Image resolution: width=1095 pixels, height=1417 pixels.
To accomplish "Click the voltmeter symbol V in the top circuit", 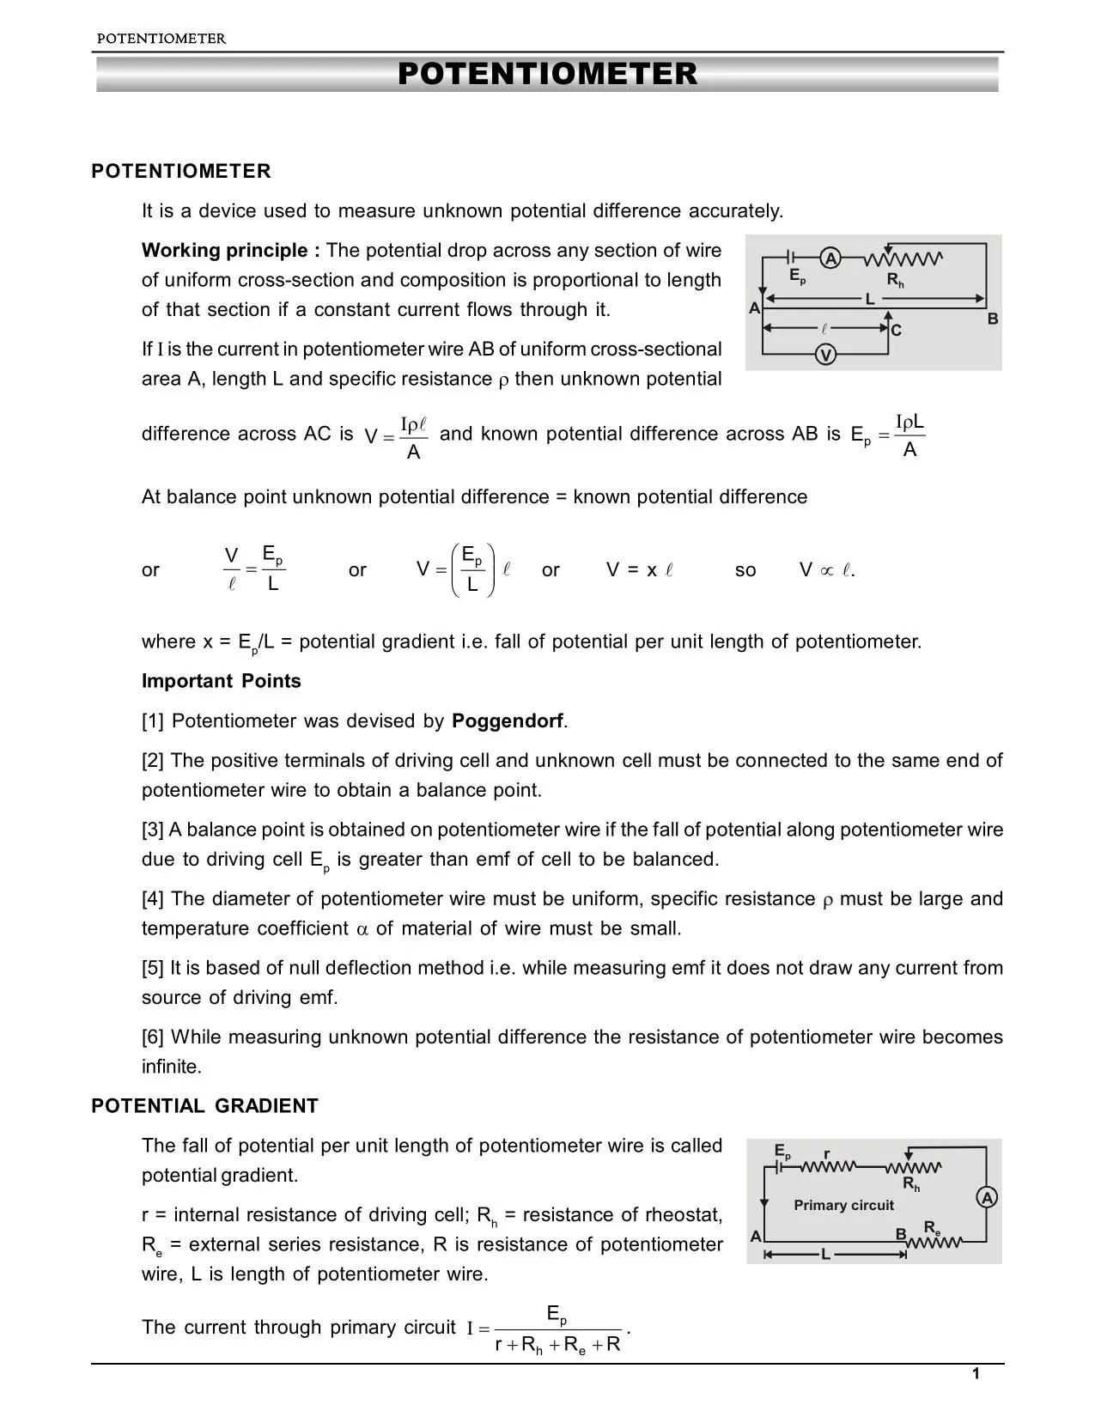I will [x=825, y=355].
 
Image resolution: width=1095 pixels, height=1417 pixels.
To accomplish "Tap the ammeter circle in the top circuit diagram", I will [x=830, y=258].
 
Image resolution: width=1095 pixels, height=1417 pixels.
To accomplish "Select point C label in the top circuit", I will [x=897, y=331].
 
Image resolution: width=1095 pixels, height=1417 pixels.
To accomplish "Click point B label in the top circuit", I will [x=993, y=319].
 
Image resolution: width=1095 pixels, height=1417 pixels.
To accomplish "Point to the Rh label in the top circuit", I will [x=896, y=281].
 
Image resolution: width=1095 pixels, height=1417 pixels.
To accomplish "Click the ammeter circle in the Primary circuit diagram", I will [x=988, y=1198].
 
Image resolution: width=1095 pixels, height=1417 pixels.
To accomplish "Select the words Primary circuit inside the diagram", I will [x=843, y=1205].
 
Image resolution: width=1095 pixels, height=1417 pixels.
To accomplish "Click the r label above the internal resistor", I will [x=826, y=1153].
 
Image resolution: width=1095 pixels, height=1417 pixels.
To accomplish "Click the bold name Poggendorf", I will [x=508, y=721].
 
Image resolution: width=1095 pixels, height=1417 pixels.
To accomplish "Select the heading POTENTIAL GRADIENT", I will [x=204, y=1106].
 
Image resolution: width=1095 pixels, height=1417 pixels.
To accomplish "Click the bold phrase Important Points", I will [x=222, y=681].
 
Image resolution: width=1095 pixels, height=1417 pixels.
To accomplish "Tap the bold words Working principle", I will [x=230, y=251].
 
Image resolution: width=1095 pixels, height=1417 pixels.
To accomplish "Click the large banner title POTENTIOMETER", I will [x=547, y=74].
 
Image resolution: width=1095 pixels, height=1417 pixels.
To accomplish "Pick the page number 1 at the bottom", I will [x=976, y=1375].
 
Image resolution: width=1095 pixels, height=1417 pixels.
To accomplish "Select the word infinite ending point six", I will [x=171, y=1067].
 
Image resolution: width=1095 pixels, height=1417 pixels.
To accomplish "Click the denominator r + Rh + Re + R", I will [x=558, y=1345].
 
